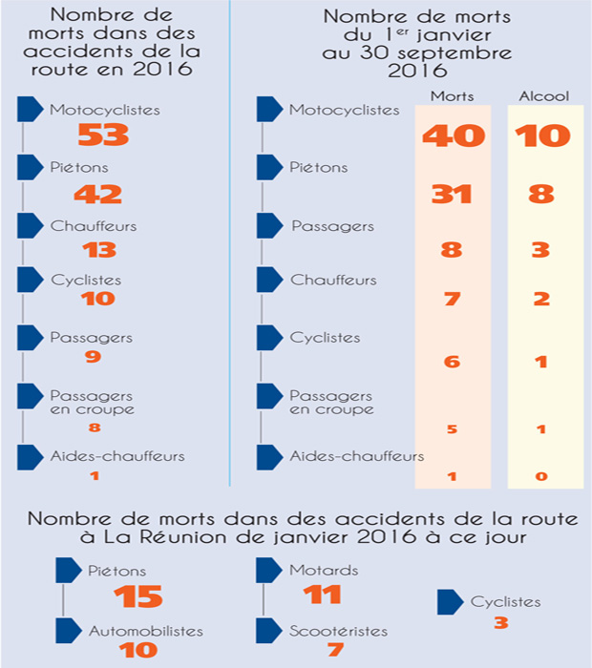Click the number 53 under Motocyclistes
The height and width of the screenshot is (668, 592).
[102, 136]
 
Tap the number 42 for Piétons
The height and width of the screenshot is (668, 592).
[98, 194]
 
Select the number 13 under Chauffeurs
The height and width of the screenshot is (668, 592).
[99, 250]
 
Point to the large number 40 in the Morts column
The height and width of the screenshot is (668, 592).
[453, 136]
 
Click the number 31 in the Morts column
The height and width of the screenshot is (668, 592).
[452, 194]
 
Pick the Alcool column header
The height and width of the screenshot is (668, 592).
[542, 96]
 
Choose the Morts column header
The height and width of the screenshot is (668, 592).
[453, 96]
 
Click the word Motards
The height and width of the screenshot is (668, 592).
[323, 571]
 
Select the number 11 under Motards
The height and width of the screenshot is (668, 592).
[322, 595]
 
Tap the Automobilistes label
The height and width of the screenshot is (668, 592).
[146, 631]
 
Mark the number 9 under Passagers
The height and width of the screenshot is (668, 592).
[93, 357]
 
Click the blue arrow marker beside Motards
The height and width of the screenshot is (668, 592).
[270, 571]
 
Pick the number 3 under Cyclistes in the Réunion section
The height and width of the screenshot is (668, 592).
[500, 624]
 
